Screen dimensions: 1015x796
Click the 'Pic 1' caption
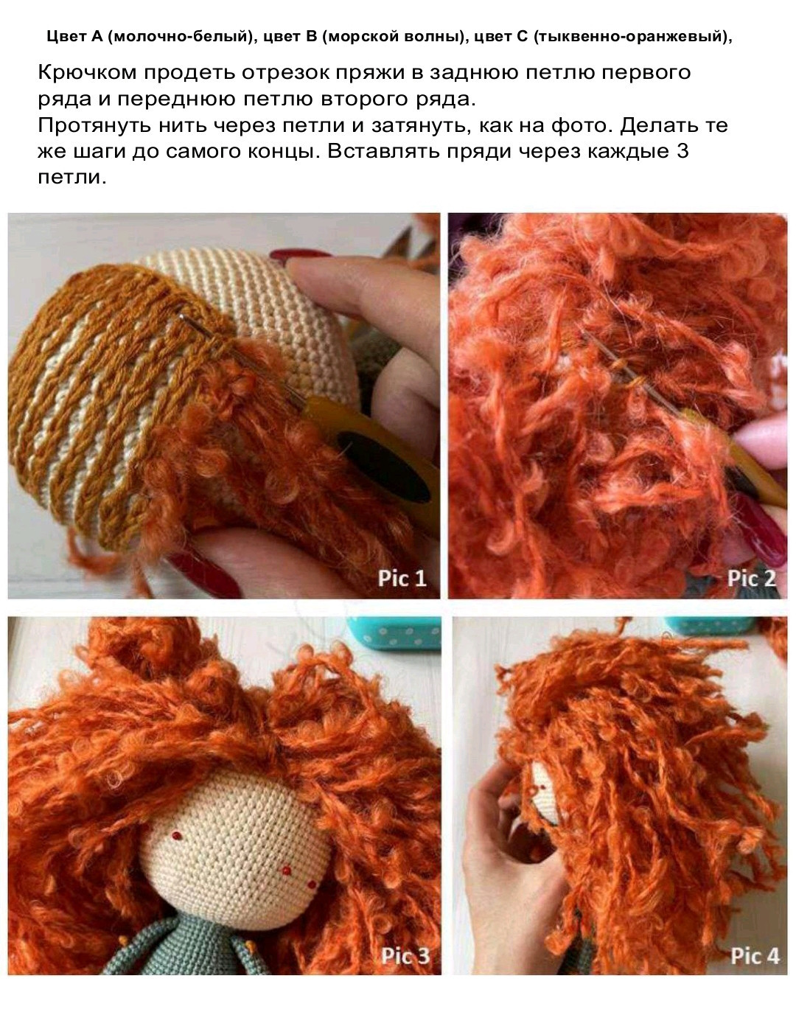[x=402, y=578]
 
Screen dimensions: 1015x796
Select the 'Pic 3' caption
[x=405, y=956]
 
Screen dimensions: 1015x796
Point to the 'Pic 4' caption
[x=755, y=956]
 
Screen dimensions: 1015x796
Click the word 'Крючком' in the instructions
[x=87, y=73]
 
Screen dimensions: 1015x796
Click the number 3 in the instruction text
[x=682, y=152]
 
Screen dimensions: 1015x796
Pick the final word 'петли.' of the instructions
[x=72, y=178]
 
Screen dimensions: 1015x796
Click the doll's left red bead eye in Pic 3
[x=176, y=835]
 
